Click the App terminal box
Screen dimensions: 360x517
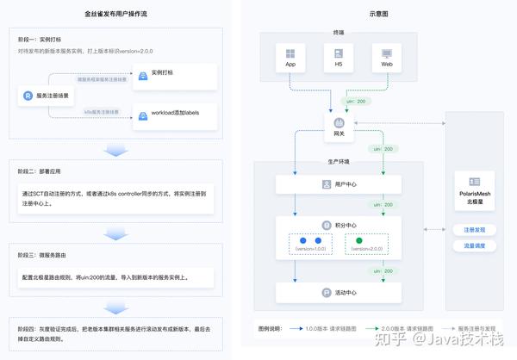click(x=290, y=59)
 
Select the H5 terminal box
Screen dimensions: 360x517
click(x=339, y=59)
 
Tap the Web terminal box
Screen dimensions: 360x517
click(x=387, y=59)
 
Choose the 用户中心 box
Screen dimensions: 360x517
click(x=339, y=184)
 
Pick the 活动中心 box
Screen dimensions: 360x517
click(x=339, y=292)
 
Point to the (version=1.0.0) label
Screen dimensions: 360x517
click(x=310, y=250)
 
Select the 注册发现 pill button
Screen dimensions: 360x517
click(x=474, y=230)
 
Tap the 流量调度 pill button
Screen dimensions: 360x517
click(x=474, y=246)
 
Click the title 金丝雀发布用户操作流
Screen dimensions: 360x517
click(x=115, y=14)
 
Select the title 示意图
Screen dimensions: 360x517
click(x=378, y=14)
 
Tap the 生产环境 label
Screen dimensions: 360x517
click(x=339, y=161)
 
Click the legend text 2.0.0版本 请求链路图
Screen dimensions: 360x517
click(x=402, y=329)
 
